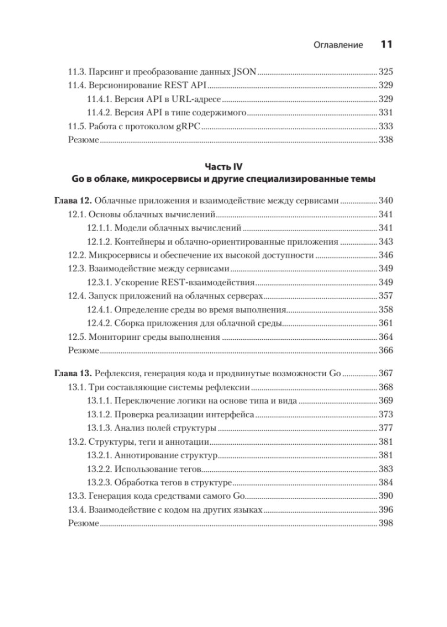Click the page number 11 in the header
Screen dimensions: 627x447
387,45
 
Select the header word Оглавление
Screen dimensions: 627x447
338,45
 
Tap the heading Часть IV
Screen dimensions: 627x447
224,167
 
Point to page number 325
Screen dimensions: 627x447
386,72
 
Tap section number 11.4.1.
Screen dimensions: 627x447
100,99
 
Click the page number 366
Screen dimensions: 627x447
386,350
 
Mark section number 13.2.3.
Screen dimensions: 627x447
100,482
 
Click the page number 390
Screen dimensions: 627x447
386,496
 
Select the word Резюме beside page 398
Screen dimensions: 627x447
83,524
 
